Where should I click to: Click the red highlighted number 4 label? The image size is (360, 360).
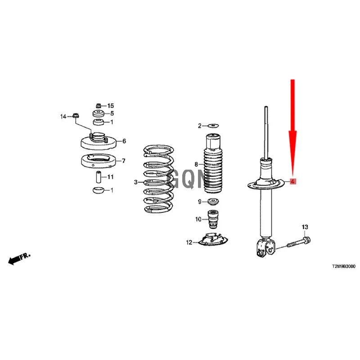point(292,181)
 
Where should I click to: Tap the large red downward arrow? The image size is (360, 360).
point(293,129)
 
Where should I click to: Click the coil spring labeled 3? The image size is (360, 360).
point(159,179)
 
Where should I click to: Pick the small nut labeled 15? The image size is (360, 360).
point(98,106)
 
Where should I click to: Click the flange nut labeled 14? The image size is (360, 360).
point(76,116)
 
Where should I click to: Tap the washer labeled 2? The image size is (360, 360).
point(213,126)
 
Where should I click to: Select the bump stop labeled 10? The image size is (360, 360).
point(213,220)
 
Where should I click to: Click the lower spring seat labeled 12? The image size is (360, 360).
point(213,240)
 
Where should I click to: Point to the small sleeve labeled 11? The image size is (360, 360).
point(99,177)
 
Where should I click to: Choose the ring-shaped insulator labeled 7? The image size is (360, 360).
point(98,161)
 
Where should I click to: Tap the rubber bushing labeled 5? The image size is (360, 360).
point(99,113)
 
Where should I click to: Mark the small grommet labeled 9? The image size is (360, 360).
point(213,202)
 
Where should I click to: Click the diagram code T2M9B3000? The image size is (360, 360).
point(344,266)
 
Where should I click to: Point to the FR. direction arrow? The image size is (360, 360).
point(19,259)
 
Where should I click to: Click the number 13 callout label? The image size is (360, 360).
point(305,227)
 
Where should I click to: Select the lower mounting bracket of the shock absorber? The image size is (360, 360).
point(265,248)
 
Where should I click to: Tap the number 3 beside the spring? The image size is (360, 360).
point(136,182)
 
